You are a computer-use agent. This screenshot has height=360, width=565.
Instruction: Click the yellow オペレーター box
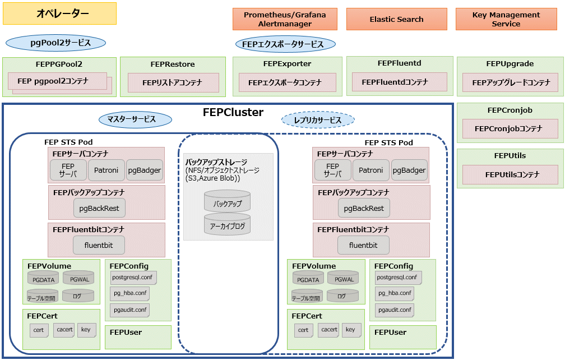pyautogui.click(x=60, y=13)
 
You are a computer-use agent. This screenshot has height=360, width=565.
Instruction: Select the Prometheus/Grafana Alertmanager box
pyautogui.click(x=285, y=19)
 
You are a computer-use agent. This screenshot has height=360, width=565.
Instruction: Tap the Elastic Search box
pyautogui.click(x=397, y=19)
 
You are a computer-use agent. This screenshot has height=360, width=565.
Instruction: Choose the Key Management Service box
pyautogui.click(x=506, y=19)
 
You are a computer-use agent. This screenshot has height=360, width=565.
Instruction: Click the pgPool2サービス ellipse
pyautogui.click(x=56, y=43)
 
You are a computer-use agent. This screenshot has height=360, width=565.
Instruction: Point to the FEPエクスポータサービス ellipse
pyautogui.click(x=285, y=44)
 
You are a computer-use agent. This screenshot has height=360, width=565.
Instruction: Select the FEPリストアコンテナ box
pyautogui.click(x=173, y=82)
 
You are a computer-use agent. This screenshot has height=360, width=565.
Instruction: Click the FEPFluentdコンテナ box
pyautogui.click(x=400, y=82)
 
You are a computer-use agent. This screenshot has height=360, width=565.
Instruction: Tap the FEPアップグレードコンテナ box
pyautogui.click(x=510, y=82)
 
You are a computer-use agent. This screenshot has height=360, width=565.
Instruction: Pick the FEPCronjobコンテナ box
pyautogui.click(x=510, y=128)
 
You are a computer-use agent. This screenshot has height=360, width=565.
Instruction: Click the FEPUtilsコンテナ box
pyautogui.click(x=510, y=175)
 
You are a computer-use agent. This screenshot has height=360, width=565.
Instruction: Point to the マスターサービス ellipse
pyautogui.click(x=135, y=119)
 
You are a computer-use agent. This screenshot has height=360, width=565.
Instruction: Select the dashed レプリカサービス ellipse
pyautogui.click(x=318, y=120)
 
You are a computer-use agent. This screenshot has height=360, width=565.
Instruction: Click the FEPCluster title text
pyautogui.click(x=233, y=113)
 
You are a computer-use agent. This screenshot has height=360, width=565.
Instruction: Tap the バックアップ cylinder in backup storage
pyautogui.click(x=228, y=201)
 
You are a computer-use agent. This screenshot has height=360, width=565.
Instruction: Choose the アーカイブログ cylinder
pyautogui.click(x=228, y=224)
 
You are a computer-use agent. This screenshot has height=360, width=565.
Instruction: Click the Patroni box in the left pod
pyautogui.click(x=106, y=170)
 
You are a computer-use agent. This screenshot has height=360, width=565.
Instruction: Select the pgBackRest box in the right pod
pyautogui.click(x=364, y=208)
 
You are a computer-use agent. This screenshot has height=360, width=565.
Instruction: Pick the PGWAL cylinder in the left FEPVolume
pyautogui.click(x=79, y=278)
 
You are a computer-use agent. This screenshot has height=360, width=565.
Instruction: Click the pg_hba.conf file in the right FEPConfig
pyautogui.click(x=395, y=293)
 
